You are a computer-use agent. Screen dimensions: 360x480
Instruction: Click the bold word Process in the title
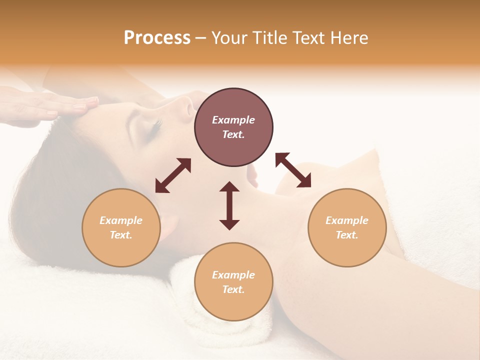click(157, 38)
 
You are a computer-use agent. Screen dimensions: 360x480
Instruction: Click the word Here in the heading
click(349, 38)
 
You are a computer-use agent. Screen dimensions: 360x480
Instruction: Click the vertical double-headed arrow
click(229, 205)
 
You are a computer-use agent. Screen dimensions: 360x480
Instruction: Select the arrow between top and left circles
click(173, 175)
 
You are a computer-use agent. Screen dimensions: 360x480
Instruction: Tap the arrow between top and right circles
click(293, 170)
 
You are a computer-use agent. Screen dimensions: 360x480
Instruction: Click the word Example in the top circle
click(233, 120)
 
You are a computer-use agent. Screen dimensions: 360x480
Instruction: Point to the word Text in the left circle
click(121, 235)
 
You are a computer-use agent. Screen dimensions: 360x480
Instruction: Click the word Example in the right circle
click(347, 220)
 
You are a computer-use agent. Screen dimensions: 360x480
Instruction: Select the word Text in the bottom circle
click(233, 289)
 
